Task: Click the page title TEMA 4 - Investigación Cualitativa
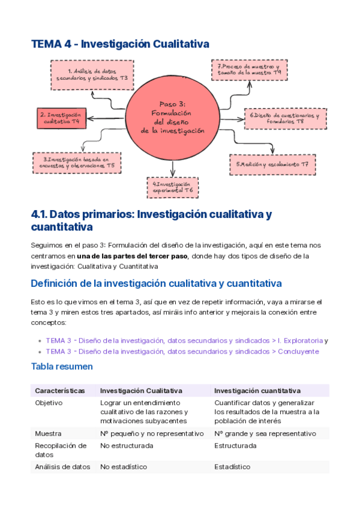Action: [119, 44]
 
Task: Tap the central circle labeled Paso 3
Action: [173, 114]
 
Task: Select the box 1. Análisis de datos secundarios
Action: [92, 75]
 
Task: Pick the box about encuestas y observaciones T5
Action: [78, 162]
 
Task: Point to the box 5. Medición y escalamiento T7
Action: [272, 164]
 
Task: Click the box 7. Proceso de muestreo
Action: [249, 69]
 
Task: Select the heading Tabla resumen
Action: [61, 366]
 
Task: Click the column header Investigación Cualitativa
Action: [141, 391]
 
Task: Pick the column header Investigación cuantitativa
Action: [257, 391]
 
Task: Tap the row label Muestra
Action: [48, 433]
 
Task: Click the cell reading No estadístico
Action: [124, 466]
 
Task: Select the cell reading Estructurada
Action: [235, 445]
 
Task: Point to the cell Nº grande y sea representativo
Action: [265, 433]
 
